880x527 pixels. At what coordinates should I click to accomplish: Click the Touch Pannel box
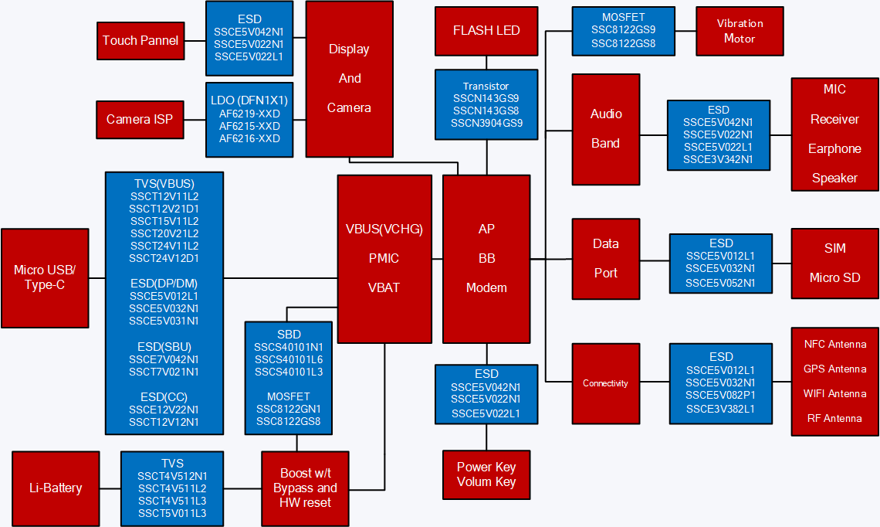coord(140,41)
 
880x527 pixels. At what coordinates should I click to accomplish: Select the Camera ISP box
coord(140,119)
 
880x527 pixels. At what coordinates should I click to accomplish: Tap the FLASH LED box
coord(486,31)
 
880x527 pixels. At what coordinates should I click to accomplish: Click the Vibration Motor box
coord(740,31)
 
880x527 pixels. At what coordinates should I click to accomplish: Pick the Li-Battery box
coord(56,488)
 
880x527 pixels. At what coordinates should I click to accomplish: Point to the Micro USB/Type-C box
coord(45,277)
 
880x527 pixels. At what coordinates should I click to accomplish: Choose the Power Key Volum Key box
coord(486,474)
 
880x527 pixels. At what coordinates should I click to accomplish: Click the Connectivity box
coord(605,383)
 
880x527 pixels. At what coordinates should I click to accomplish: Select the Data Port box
coord(605,258)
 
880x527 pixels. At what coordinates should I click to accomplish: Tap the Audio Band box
coord(605,128)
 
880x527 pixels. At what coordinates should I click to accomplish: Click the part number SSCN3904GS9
coord(486,124)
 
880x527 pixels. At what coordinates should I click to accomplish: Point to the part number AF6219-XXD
coord(249,114)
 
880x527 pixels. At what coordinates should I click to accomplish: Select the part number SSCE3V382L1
coord(721,409)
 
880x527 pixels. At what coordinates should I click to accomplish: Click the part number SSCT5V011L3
coord(172,514)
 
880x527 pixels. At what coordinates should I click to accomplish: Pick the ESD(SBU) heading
coord(164,346)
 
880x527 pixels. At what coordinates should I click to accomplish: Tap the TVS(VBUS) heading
coord(164,184)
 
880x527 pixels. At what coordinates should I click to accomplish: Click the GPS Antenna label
coord(835,369)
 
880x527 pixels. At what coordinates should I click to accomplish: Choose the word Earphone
coord(834,148)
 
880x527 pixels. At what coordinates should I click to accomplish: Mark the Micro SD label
coord(834,277)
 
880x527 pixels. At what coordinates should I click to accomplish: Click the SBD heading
coord(289,335)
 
